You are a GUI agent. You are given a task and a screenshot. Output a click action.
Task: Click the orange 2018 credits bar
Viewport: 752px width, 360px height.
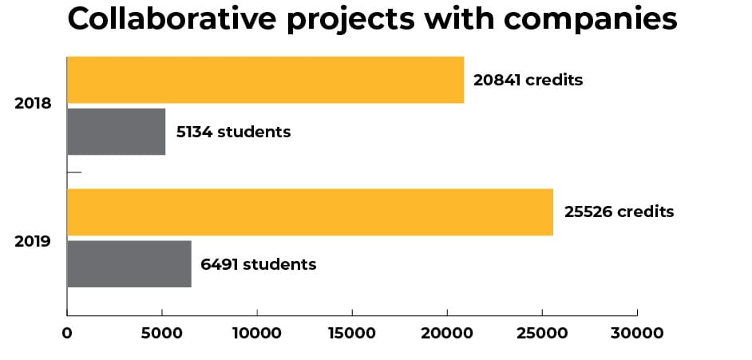(x=265, y=80)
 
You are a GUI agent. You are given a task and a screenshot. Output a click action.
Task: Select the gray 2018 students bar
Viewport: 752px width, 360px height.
(x=116, y=132)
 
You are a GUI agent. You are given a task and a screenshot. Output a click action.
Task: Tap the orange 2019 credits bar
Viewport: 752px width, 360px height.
(x=310, y=212)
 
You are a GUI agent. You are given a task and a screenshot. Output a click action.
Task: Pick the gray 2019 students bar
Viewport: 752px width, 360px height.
(x=129, y=264)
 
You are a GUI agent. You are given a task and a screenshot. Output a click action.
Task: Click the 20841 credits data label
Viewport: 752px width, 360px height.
(x=528, y=80)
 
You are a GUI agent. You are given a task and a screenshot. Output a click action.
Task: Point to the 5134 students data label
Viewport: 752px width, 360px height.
(x=232, y=132)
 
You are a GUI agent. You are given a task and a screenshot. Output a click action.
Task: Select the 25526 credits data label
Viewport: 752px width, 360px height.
(x=619, y=212)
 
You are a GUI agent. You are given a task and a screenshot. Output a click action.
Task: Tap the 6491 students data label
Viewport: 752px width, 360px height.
(x=258, y=264)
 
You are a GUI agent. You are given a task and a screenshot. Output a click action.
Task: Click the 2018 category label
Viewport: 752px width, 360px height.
(x=33, y=104)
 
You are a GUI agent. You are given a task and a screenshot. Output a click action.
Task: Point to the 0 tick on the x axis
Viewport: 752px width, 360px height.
(x=67, y=332)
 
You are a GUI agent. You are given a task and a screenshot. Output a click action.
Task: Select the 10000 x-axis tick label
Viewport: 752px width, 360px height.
(x=257, y=332)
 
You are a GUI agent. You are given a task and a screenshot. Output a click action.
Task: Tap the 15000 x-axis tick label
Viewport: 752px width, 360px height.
(x=352, y=332)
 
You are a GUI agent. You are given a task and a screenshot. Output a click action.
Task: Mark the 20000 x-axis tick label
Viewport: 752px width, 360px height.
(x=447, y=332)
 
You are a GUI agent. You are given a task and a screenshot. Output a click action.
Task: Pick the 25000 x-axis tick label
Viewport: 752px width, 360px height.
(x=542, y=332)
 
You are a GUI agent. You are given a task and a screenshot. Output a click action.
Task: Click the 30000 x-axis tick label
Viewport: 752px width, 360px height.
(x=637, y=332)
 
